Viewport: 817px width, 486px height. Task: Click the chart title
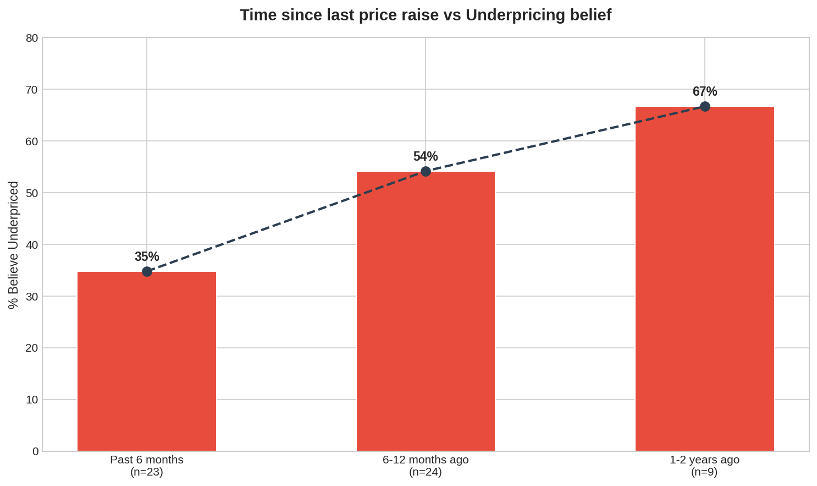point(425,15)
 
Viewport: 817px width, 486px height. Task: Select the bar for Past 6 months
point(147,361)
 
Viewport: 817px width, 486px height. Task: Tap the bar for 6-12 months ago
point(426,311)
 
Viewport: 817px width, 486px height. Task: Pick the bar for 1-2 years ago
point(704,279)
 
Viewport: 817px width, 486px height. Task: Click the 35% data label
point(147,256)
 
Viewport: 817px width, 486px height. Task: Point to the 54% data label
point(426,156)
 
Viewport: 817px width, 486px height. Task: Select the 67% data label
point(704,91)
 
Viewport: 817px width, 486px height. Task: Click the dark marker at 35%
point(147,271)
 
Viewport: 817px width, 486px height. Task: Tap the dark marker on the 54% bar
point(426,172)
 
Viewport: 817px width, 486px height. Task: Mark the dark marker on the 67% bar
point(704,106)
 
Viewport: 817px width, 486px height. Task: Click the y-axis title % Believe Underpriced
point(13,244)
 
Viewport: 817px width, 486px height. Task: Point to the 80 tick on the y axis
point(32,38)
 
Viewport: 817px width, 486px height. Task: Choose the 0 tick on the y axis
point(35,451)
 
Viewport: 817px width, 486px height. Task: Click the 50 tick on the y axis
point(32,193)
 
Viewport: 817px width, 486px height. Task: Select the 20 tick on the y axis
point(32,348)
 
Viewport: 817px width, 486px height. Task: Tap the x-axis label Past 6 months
point(147,460)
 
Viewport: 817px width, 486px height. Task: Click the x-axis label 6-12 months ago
point(426,460)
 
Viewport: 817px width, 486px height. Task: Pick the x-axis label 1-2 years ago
point(704,460)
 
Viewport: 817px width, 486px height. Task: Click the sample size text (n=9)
point(704,472)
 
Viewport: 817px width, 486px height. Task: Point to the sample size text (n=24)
point(426,472)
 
